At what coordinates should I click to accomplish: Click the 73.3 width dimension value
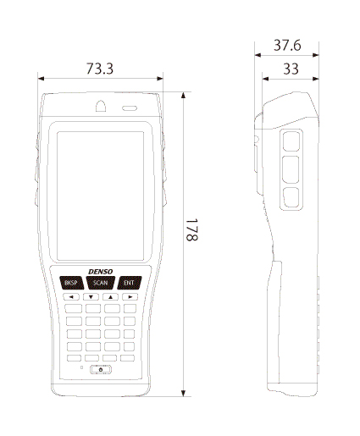click(100, 69)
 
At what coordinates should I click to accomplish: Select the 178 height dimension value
click(191, 229)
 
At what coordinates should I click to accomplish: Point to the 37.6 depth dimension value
click(287, 45)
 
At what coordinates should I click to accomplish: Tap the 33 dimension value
click(291, 69)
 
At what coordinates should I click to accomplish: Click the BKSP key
click(72, 283)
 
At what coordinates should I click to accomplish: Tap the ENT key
click(129, 283)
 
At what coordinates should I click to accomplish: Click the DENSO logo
click(101, 272)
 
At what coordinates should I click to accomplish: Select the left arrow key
click(71, 297)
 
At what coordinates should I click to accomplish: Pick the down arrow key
click(91, 297)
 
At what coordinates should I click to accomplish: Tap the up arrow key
click(110, 297)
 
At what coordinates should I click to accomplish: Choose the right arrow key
click(130, 297)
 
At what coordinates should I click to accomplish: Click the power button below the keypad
click(101, 369)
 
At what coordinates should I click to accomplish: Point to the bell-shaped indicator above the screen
click(101, 106)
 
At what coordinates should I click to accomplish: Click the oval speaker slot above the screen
click(130, 108)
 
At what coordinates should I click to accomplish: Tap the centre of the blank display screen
click(100, 196)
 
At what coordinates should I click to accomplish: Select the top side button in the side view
click(291, 141)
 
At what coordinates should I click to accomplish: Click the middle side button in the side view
click(291, 169)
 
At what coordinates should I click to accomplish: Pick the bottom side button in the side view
click(291, 197)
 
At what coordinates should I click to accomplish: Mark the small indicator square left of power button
click(82, 367)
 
